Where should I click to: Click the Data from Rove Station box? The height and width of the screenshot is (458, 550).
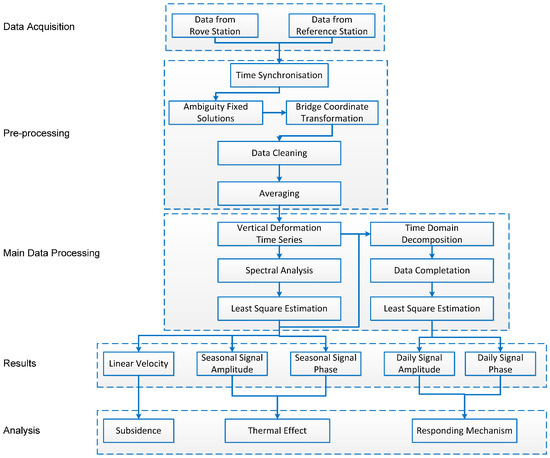click(215, 26)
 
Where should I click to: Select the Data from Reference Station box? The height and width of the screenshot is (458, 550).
click(332, 26)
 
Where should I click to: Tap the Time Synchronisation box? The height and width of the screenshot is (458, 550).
click(279, 75)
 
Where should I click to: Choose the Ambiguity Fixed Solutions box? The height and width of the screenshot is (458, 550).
click(216, 113)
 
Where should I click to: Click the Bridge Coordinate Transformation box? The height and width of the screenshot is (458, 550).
click(332, 113)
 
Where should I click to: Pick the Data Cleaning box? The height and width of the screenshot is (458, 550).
click(279, 153)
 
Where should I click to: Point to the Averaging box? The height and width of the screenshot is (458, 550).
click(279, 194)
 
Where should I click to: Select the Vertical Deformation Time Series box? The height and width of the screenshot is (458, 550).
click(279, 234)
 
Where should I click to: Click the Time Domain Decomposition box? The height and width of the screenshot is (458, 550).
click(432, 234)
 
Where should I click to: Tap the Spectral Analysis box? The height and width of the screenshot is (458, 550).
click(279, 270)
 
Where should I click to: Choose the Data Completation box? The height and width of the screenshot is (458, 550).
click(432, 270)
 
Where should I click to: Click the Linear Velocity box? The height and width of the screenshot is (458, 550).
click(139, 364)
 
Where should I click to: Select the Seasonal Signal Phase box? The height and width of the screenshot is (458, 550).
click(326, 364)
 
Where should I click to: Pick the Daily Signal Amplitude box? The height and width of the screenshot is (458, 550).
click(420, 364)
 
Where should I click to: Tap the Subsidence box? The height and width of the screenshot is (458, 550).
click(139, 431)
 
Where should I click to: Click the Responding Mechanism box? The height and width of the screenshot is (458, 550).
click(465, 431)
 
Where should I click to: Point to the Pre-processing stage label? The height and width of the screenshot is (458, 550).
click(36, 133)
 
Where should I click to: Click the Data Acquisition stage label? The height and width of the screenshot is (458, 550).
click(39, 27)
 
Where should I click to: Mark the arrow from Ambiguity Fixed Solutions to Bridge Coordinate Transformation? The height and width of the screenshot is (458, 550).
click(274, 113)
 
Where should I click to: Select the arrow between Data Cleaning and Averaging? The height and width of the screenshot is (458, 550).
click(279, 173)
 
